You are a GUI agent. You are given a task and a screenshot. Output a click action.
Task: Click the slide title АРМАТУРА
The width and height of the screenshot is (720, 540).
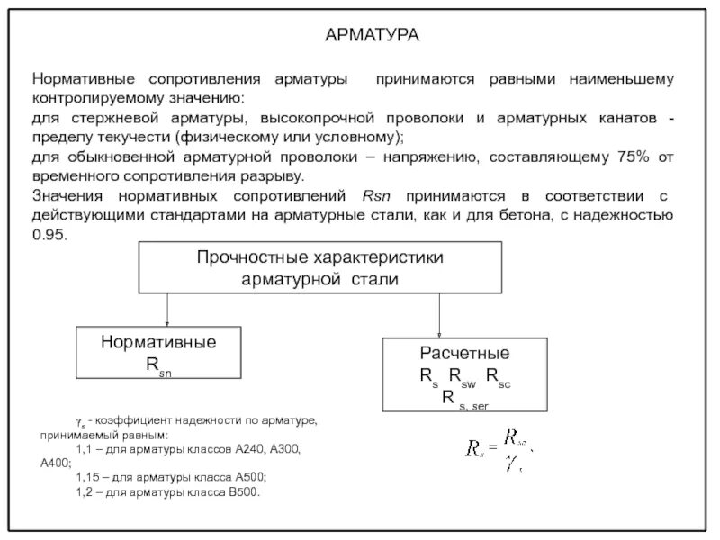click(372, 35)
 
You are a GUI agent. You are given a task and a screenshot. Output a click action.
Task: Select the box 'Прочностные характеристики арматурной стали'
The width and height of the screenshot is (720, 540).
click(319, 268)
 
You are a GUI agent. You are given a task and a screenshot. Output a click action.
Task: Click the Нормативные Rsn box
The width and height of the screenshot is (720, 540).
click(157, 352)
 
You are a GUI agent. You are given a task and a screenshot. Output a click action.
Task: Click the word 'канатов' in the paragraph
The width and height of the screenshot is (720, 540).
click(630, 119)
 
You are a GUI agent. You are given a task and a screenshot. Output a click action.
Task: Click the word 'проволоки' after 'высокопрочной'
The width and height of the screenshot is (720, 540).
click(426, 119)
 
